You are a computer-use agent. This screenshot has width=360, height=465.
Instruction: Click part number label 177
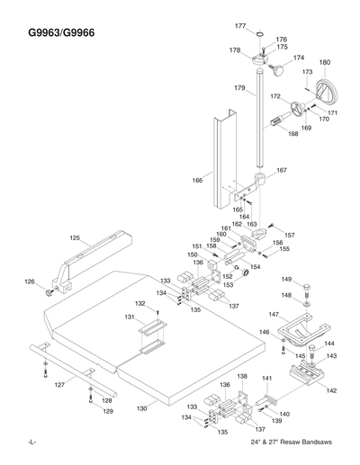point(240,26)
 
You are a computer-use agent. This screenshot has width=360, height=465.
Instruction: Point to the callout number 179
point(239,88)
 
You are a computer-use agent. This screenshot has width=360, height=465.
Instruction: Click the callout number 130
point(141,408)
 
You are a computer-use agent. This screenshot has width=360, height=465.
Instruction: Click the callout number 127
point(59,384)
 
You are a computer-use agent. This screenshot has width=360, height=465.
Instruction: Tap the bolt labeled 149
point(309,289)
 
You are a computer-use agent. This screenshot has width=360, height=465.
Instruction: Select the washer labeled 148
point(309,305)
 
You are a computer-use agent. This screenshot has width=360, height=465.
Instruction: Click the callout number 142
point(331,390)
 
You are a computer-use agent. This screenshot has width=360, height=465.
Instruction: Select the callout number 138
point(241,376)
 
